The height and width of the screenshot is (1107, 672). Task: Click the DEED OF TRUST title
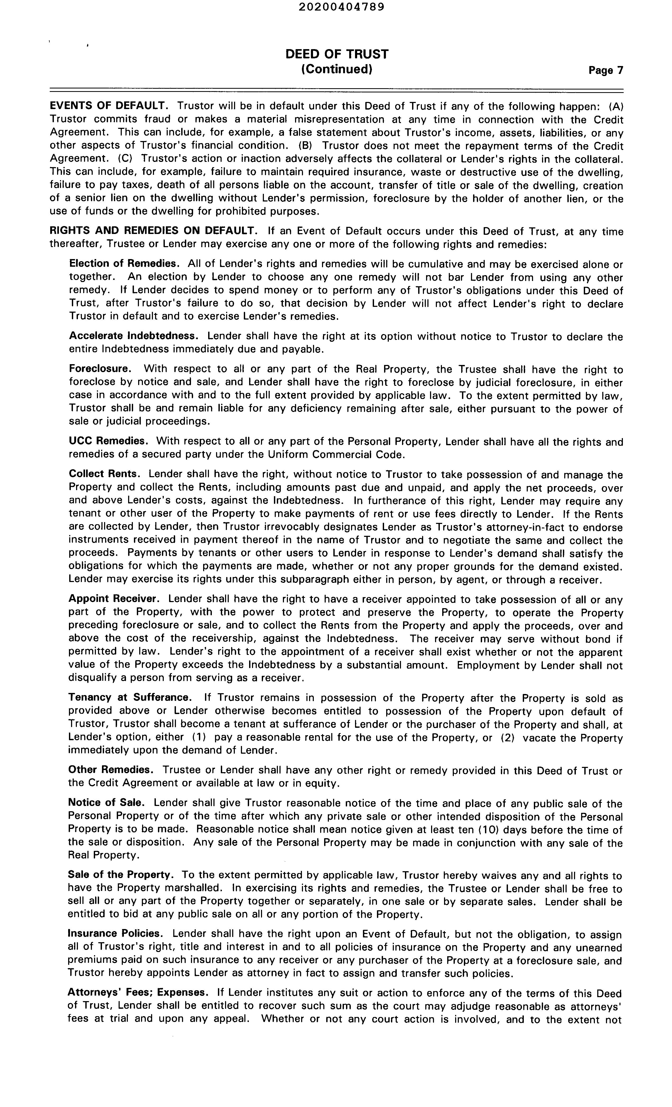pos(337,54)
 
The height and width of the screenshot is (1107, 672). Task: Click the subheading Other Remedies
pos(112,770)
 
